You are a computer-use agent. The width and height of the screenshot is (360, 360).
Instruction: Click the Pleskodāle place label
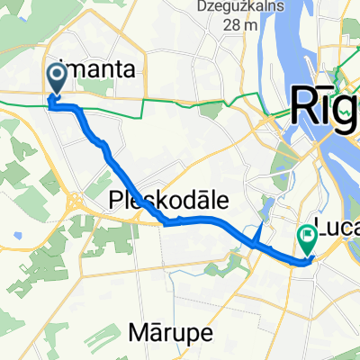167,199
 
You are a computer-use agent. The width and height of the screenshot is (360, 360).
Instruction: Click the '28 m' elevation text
237,24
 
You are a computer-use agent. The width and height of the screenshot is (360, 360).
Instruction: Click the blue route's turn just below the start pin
51,106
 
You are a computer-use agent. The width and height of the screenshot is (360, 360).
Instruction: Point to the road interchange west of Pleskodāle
77,200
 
